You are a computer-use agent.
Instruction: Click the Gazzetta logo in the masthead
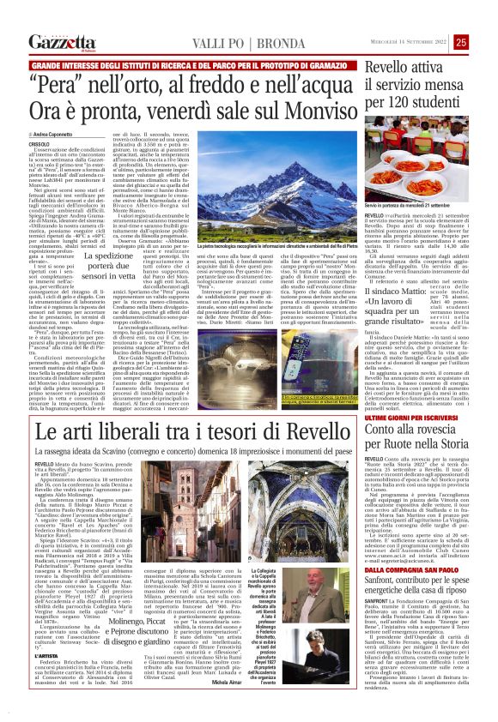coord(61,42)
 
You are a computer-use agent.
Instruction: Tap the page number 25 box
coord(485,42)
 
